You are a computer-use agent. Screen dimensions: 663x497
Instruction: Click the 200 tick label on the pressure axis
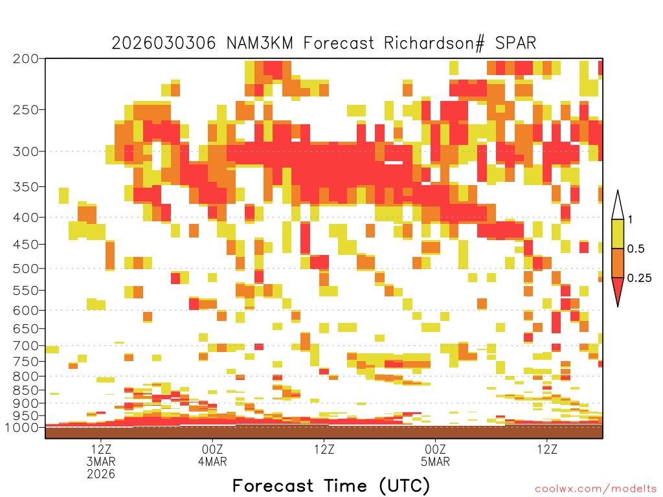coord(25,59)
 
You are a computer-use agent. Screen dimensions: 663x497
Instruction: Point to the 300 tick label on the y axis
coord(25,151)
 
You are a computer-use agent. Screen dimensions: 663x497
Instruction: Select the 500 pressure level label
coord(25,269)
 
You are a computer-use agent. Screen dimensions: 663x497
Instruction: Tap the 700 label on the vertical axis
coord(25,346)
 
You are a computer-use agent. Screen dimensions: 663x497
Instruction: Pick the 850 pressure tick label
coord(25,390)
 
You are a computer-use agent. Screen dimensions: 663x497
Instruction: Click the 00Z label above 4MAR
coord(212,449)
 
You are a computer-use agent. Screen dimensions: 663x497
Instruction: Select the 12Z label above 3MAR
coord(101,449)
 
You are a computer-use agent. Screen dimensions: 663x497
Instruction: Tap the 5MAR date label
coord(436,461)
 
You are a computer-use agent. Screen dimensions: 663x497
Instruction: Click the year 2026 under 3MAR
coord(101,474)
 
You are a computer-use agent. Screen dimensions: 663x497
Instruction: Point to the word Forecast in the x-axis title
coord(273,486)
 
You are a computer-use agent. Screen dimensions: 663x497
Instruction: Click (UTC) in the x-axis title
coord(405,486)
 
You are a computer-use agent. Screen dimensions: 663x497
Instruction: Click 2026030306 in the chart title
coord(164,43)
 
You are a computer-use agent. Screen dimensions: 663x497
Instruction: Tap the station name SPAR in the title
coord(515,43)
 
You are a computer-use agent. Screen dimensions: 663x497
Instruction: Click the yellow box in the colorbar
coord(618,234)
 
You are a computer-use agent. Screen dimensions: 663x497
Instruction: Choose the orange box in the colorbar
coord(618,263)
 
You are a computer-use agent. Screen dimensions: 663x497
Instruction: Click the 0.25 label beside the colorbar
coord(639,278)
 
